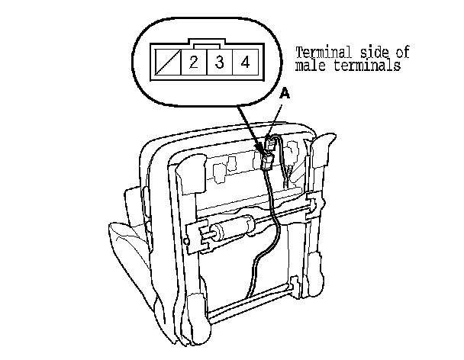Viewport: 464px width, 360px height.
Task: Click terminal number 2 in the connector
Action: click(x=194, y=62)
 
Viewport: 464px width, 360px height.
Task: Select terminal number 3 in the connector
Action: click(x=220, y=62)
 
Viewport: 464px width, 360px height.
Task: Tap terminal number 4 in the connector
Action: click(x=245, y=62)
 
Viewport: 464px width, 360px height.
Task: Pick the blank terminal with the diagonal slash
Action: click(x=167, y=62)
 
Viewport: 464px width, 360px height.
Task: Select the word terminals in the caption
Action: click(x=371, y=66)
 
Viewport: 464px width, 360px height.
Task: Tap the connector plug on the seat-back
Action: click(x=267, y=156)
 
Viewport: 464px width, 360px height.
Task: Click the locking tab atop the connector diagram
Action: click(x=206, y=44)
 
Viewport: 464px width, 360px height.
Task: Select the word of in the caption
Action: click(x=404, y=53)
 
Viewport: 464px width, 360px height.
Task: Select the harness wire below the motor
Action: click(x=257, y=267)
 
